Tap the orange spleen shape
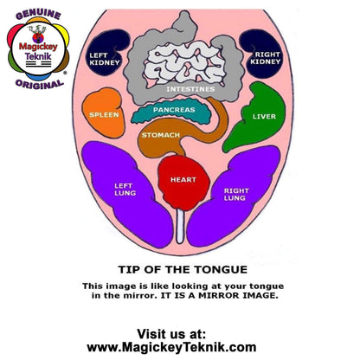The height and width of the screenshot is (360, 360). [104, 113]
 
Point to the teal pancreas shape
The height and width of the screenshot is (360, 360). [172, 112]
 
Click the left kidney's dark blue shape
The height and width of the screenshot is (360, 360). [106, 54]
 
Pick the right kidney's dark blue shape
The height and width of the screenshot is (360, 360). [262, 55]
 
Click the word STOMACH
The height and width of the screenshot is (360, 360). [161, 135]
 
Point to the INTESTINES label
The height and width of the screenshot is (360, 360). [190, 89]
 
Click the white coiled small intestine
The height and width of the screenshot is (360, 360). [184, 63]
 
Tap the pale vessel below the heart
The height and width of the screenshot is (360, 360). [180, 227]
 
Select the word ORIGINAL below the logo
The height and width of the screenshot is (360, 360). [40, 84]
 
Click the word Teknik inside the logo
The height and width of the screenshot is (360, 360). [38, 56]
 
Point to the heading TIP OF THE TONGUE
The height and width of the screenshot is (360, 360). [183, 270]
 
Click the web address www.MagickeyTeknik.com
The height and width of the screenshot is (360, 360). [171, 347]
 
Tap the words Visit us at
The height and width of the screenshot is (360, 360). [171, 334]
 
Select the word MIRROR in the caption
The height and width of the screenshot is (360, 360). [219, 295]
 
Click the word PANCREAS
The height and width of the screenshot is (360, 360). [174, 110]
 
